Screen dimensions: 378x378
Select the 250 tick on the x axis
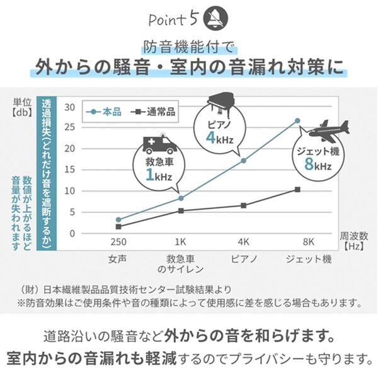click(118, 241)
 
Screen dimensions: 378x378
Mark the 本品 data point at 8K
click(297, 120)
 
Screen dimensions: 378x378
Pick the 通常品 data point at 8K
click(297, 189)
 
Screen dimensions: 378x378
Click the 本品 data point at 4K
click(244, 161)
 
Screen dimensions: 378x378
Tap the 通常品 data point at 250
click(118, 226)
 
